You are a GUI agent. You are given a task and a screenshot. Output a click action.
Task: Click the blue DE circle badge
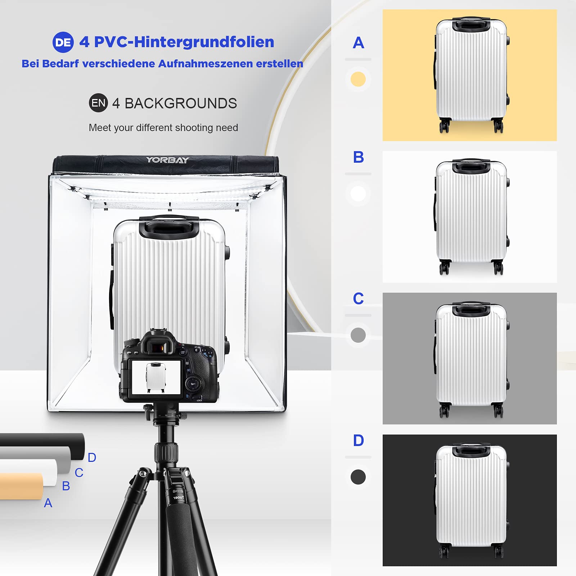pos(63,42)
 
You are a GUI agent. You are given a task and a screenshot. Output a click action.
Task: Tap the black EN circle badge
pos(98,103)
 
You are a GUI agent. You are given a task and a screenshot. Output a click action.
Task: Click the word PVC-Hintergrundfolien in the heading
pos(184,42)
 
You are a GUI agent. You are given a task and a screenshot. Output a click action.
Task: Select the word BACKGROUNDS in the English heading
pos(181,103)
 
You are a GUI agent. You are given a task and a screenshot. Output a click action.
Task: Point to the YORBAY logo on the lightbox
pos(167,160)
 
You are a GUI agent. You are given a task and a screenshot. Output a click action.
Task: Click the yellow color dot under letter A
pos(358,79)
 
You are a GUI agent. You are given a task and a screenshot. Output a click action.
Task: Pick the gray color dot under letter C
pos(358,335)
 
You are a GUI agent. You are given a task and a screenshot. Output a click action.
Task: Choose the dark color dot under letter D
pos(358,477)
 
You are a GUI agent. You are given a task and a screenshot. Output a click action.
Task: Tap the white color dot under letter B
pos(358,194)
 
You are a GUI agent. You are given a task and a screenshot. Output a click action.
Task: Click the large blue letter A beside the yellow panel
pos(359,43)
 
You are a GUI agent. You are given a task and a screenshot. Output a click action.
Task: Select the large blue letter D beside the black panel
pos(359,440)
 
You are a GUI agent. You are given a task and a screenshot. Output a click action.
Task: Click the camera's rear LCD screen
pos(156,377)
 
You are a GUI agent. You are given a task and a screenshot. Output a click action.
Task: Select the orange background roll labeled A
pos(22,486)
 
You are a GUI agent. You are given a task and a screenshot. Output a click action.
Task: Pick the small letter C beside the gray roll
pos(79,473)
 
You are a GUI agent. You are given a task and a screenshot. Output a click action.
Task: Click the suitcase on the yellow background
pos(471,75)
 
